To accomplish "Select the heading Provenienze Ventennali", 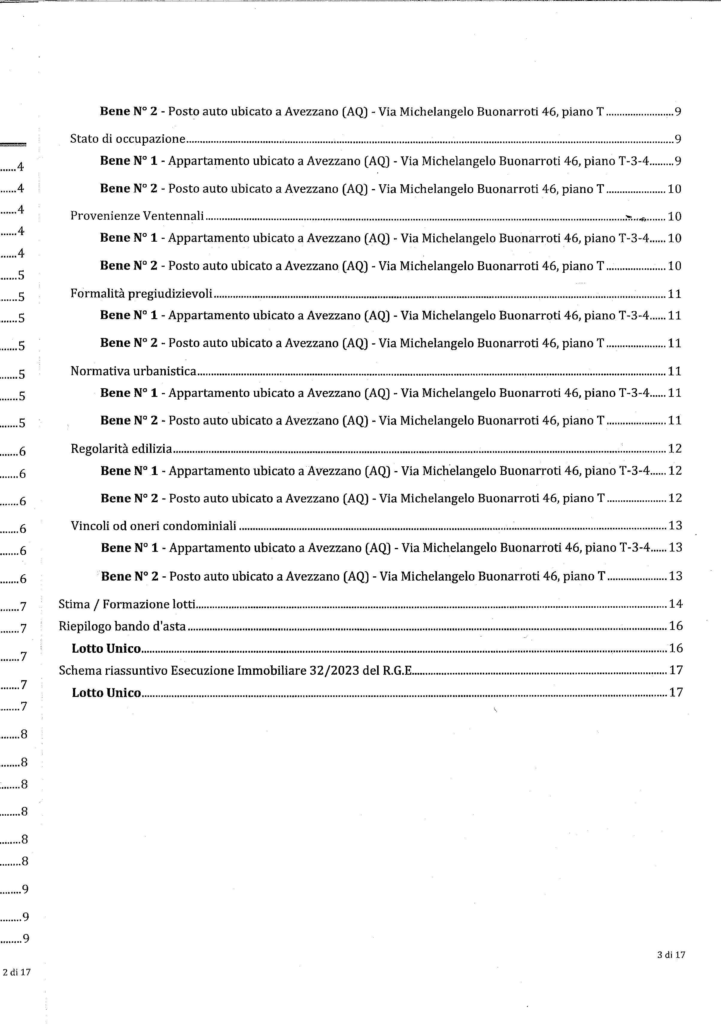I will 137,216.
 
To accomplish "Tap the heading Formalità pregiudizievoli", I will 141,294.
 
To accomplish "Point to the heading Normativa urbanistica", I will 133,371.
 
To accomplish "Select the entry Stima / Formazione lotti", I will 127,604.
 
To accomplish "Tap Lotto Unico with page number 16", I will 106,649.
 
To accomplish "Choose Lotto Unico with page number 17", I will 107,693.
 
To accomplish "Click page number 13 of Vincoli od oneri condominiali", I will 675,526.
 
